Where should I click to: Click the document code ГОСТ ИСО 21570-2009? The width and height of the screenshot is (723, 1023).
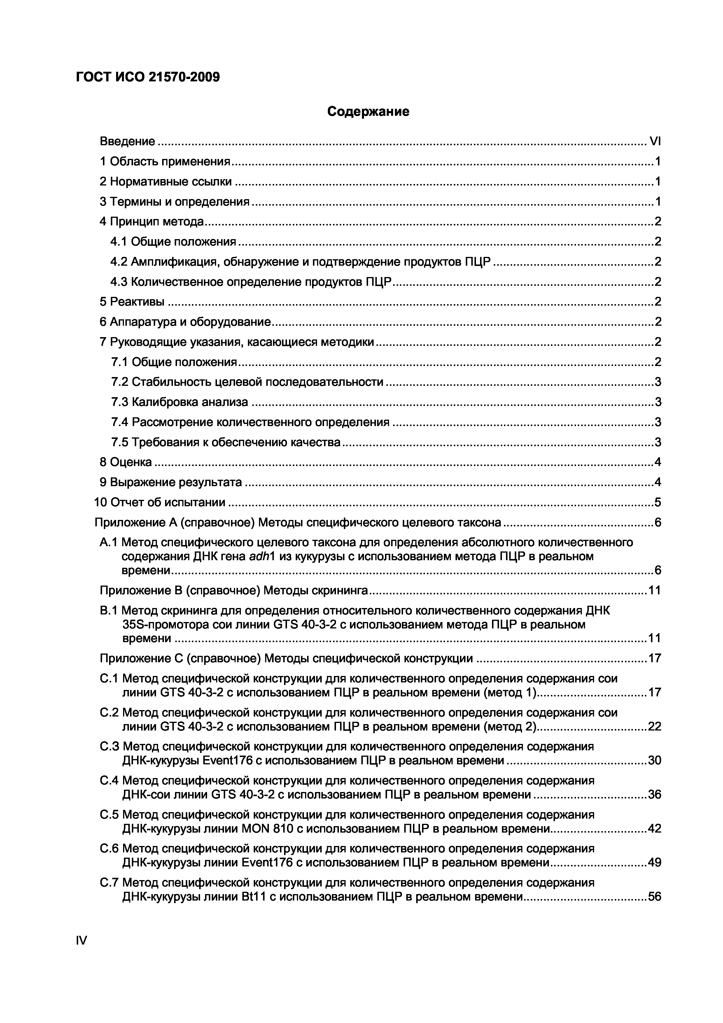click(x=148, y=78)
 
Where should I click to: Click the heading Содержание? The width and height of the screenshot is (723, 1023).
click(x=368, y=111)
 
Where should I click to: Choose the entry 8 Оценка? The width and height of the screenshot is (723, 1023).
click(x=126, y=462)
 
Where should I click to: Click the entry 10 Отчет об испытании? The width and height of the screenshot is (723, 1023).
click(x=160, y=502)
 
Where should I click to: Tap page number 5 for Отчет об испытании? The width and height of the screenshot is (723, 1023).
click(x=657, y=502)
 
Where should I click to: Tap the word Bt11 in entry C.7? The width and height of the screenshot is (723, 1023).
click(x=253, y=896)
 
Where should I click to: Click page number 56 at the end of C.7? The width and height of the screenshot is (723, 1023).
click(x=654, y=896)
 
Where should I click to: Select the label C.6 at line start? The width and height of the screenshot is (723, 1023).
click(x=109, y=848)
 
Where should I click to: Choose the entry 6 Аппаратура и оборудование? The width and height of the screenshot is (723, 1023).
click(x=185, y=322)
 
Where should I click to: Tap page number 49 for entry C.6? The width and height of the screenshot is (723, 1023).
click(x=654, y=863)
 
